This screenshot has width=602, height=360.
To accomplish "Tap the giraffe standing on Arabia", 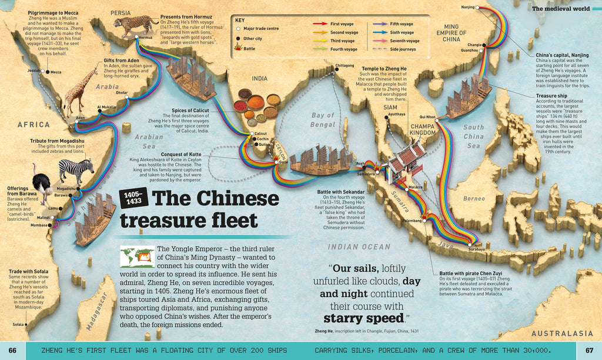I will click(76, 91).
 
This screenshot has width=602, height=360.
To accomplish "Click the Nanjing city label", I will click(467, 7).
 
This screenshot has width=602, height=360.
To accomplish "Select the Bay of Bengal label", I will click(323, 120).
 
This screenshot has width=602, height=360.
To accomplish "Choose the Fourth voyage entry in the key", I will click(344, 49).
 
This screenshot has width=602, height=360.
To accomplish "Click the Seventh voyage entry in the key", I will click(404, 41).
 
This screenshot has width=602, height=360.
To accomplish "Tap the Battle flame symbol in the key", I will click(238, 49).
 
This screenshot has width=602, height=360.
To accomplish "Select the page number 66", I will click(13, 351).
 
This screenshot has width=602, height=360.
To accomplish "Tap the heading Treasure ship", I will click(552, 95).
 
